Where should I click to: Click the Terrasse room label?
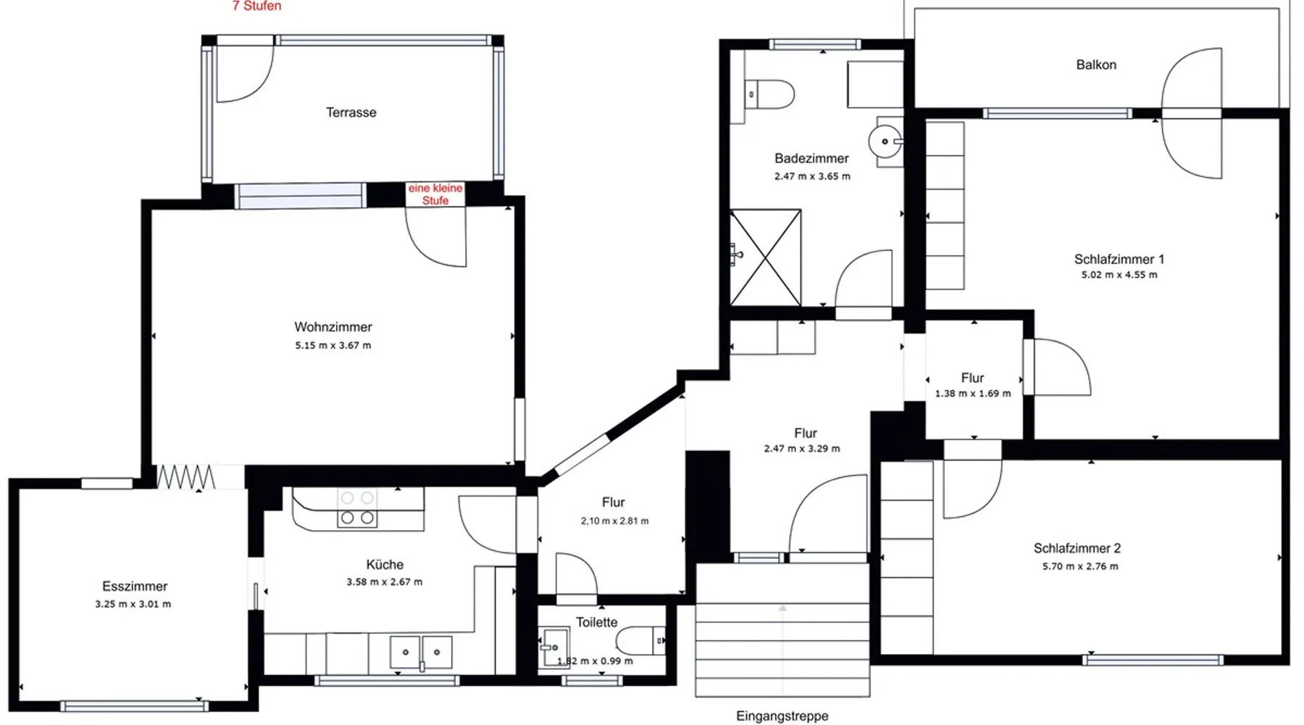pos(351,112)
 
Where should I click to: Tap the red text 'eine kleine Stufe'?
pos(435,194)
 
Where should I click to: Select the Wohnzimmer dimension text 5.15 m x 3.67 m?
pos(333,346)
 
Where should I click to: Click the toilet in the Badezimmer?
pos(770,94)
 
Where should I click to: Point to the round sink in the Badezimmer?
pos(885,141)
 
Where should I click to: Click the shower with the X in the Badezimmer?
pos(765,257)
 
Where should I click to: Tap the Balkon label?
pos(1096,65)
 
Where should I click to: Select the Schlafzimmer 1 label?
pos(1119,259)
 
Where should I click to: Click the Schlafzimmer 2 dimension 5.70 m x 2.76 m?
pos(1080,567)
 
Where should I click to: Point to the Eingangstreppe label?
pos(782,716)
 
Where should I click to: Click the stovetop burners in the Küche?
pos(357,507)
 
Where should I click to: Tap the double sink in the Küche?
pos(421,652)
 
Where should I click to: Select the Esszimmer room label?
pos(135,587)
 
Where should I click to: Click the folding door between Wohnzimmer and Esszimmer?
pos(186,476)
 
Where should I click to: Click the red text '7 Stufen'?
pos(256,6)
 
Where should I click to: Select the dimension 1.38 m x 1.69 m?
pos(973,394)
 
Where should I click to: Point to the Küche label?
pos(385,565)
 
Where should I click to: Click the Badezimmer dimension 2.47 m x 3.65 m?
pos(812,176)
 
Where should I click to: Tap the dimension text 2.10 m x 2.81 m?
pos(614,521)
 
